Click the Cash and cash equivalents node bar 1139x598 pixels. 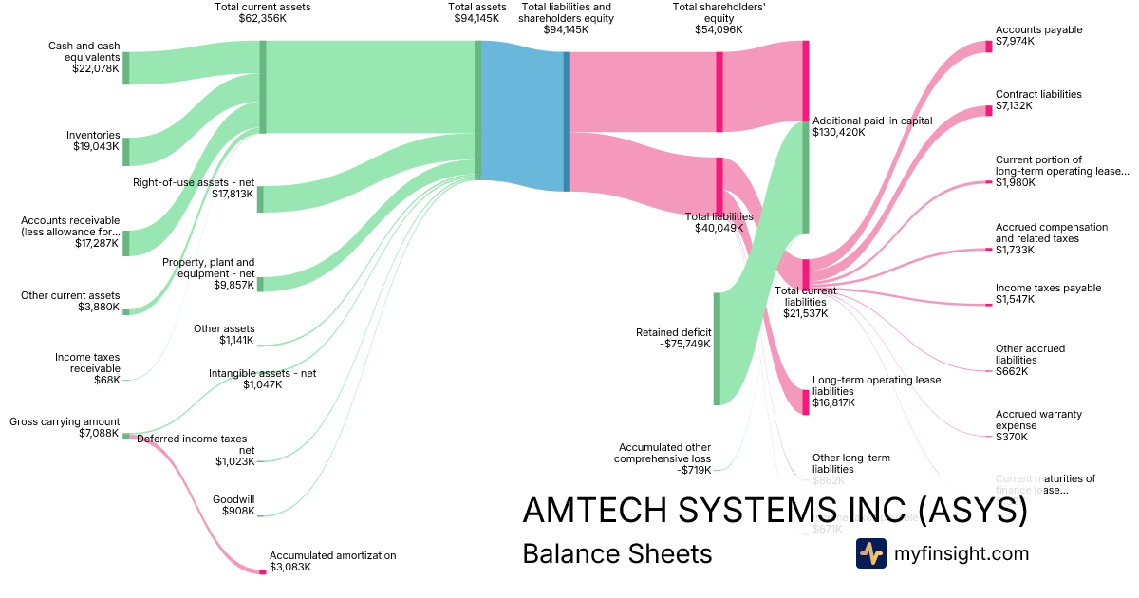pyautogui.click(x=125, y=68)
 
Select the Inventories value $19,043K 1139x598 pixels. pyautogui.click(x=97, y=147)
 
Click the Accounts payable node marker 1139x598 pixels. pyautogui.click(x=988, y=47)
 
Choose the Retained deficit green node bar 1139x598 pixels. pyautogui.click(x=717, y=348)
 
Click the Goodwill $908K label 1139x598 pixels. pyautogui.click(x=237, y=505)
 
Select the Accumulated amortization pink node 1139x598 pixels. pyautogui.click(x=263, y=571)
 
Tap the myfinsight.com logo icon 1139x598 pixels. pyautogui.click(x=870, y=553)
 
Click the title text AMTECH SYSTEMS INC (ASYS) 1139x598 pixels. pyautogui.click(x=775, y=511)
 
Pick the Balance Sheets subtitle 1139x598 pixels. pyautogui.click(x=617, y=554)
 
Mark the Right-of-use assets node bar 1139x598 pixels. pyautogui.click(x=260, y=199)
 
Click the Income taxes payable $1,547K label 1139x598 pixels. pyautogui.click(x=1034, y=293)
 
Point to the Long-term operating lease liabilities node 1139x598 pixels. pyautogui.click(x=806, y=402)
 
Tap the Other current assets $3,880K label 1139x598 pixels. pyautogui.click(x=70, y=302)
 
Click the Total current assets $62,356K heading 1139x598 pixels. pyautogui.click(x=263, y=12)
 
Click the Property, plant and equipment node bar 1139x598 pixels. pyautogui.click(x=260, y=284)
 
